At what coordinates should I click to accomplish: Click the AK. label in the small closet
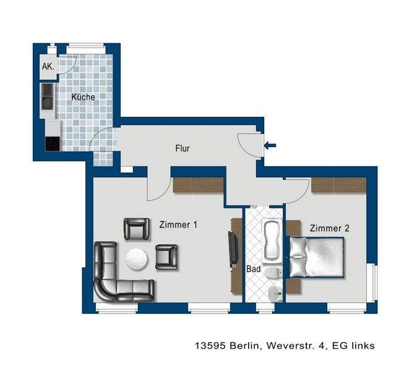point(48,66)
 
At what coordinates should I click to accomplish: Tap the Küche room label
point(83,97)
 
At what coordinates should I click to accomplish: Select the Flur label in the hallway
point(183,148)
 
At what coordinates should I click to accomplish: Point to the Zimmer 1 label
point(178,224)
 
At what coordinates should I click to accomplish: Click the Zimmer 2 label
point(330,228)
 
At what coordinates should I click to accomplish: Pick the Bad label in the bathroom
point(254,269)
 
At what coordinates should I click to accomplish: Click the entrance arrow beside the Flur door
point(270,145)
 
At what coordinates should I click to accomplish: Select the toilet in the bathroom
point(273,273)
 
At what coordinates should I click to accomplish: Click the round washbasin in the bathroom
point(275,293)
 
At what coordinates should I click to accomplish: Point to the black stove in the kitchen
point(53,143)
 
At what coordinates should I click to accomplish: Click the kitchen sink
point(47,96)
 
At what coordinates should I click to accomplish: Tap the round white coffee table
point(137,259)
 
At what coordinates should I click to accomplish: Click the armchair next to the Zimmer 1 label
point(137,229)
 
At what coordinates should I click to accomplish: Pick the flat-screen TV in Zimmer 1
point(233,249)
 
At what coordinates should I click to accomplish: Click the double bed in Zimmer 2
point(317,257)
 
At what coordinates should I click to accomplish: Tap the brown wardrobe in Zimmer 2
point(339,185)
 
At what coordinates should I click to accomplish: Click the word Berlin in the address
point(244,345)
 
